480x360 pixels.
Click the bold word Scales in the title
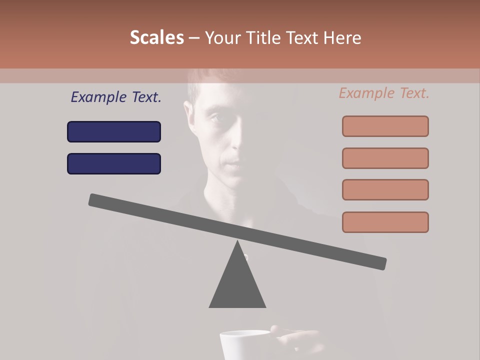pyautogui.click(x=156, y=37)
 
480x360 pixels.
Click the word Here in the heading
pyautogui.click(x=342, y=37)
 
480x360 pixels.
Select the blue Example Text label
pyautogui.click(x=116, y=97)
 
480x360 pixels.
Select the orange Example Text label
pyautogui.click(x=384, y=93)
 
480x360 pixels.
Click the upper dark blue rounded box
pyautogui.click(x=114, y=131)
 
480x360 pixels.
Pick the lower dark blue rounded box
pyautogui.click(x=114, y=163)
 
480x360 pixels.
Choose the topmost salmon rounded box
pyautogui.click(x=385, y=126)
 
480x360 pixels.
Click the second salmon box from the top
pyautogui.click(x=385, y=158)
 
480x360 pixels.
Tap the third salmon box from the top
pyautogui.click(x=385, y=189)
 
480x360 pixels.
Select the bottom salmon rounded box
pyautogui.click(x=385, y=222)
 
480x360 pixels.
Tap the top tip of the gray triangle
pyautogui.click(x=237, y=242)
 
